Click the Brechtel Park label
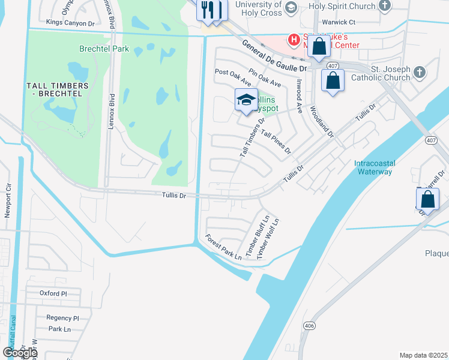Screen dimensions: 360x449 click(x=96, y=48)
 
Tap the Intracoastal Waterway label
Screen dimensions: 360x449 click(x=373, y=167)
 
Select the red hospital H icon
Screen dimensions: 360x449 click(x=294, y=40)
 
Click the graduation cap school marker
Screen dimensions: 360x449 click(x=246, y=101)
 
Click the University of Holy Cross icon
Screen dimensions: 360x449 click(x=291, y=7)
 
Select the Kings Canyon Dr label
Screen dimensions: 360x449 click(x=71, y=23)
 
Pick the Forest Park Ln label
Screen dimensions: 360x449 click(x=223, y=247)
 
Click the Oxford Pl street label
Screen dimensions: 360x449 click(x=53, y=293)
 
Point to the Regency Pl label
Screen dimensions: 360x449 click(x=63, y=318)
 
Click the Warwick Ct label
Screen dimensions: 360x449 click(x=339, y=22)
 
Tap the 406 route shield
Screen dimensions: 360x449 click(x=309, y=326)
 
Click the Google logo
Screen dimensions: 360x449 click(x=20, y=353)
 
